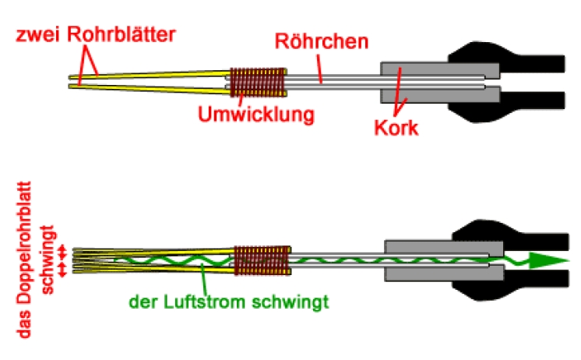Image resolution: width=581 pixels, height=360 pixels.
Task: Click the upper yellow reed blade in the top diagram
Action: [x=148, y=74]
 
